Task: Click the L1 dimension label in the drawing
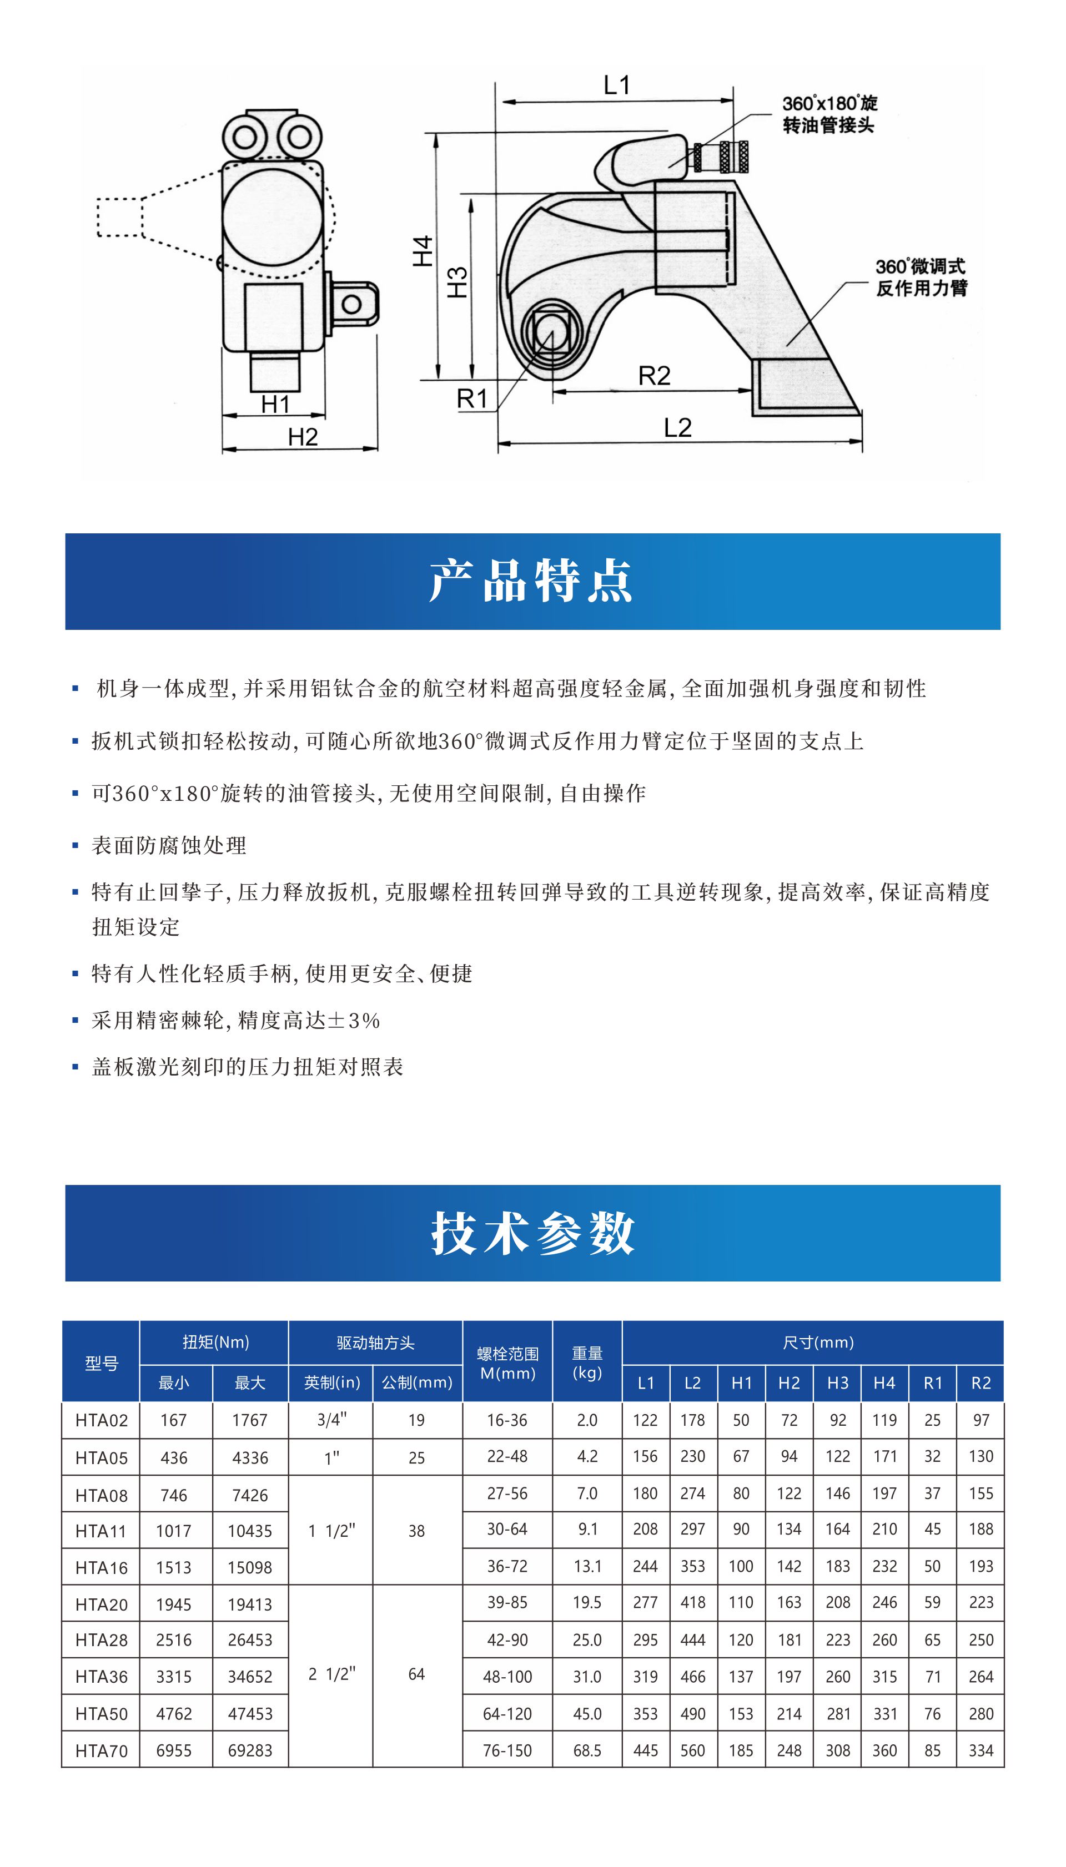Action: pos(616,85)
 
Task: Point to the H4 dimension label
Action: pos(423,251)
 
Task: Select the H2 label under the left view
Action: pos(303,437)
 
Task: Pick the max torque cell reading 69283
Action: pos(250,1750)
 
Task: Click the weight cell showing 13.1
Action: pos(587,1566)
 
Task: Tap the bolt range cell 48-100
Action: pos(507,1677)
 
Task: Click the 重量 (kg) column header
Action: pos(587,1363)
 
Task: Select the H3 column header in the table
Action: pos(838,1382)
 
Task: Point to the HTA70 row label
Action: pos(101,1750)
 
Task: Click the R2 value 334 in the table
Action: pos(980,1750)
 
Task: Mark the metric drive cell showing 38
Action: pos(416,1530)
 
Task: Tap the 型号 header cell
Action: pos(101,1363)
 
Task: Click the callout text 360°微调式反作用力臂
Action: pos(921,277)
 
